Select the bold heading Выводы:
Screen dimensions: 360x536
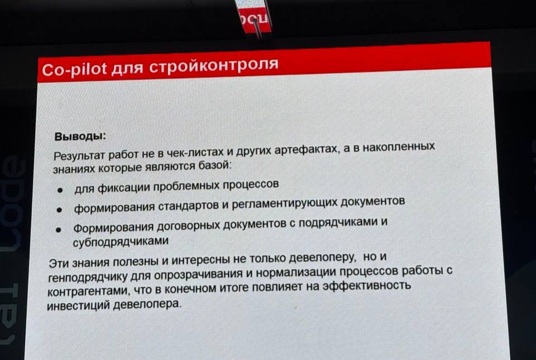(x=79, y=137)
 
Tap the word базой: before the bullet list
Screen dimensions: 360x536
(x=215, y=166)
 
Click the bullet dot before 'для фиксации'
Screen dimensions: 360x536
(x=60, y=190)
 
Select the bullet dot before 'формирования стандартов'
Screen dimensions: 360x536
(x=60, y=210)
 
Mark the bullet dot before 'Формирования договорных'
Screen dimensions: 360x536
(x=60, y=230)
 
